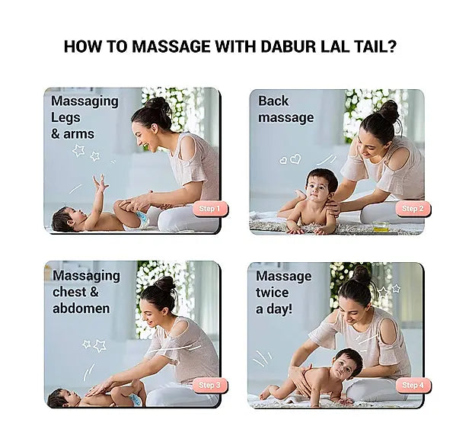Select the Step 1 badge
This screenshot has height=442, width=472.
click(x=209, y=209)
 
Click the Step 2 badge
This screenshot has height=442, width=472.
click(x=413, y=209)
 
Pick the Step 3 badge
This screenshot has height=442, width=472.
click(x=209, y=385)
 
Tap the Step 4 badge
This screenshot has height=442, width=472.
click(x=413, y=385)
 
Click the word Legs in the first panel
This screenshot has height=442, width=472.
click(x=65, y=118)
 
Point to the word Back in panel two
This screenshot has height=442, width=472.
click(x=273, y=101)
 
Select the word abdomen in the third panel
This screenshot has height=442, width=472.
click(x=81, y=309)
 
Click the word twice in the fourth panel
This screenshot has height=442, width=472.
click(x=272, y=293)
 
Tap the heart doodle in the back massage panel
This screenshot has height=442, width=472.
click(x=295, y=159)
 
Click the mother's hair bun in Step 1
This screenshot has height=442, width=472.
click(x=159, y=104)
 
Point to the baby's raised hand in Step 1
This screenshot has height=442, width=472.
click(x=100, y=183)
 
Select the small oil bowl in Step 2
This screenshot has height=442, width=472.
click(x=381, y=226)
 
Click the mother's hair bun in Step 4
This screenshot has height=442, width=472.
click(x=361, y=274)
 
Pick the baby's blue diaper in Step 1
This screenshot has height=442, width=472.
click(x=142, y=219)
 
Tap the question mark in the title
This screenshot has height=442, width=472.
click(x=391, y=46)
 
